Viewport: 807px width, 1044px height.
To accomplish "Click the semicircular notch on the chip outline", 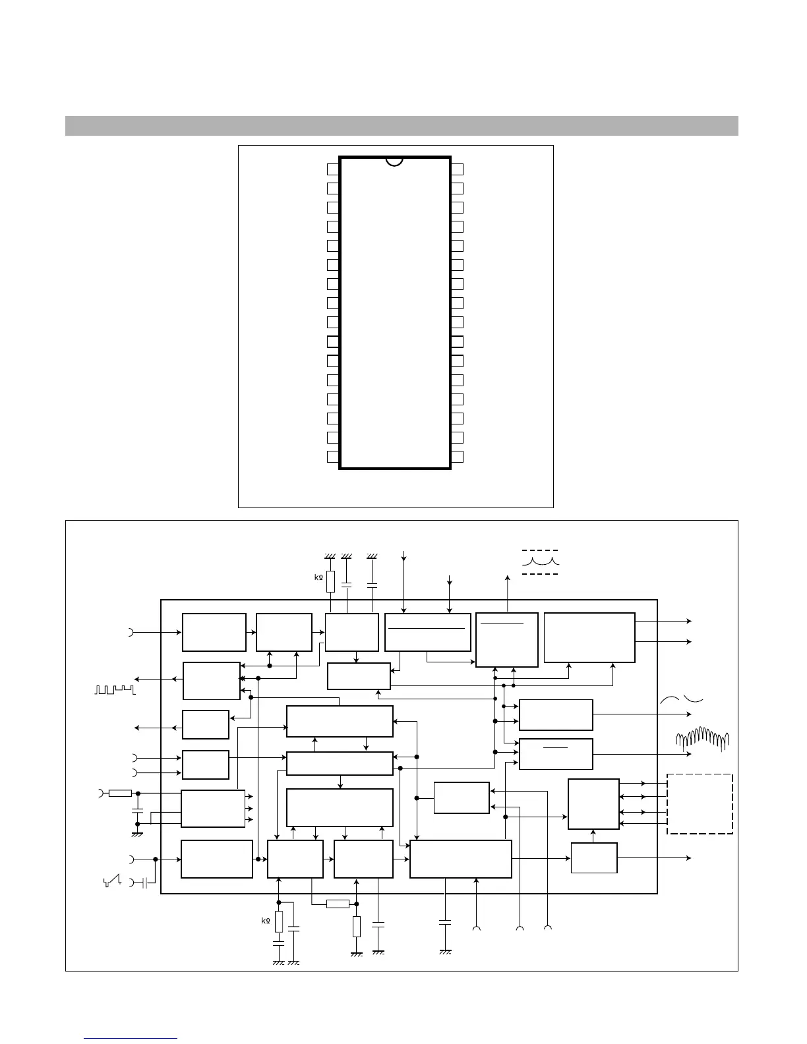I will [x=394, y=160].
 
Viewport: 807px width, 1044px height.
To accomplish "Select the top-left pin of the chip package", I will [x=333, y=169].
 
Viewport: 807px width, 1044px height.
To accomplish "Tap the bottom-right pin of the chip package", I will [x=457, y=457].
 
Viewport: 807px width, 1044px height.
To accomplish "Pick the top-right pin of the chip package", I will [x=457, y=169].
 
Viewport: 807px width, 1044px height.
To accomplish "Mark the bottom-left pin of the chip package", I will [x=333, y=457].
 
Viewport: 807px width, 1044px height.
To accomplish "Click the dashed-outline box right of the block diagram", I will [x=700, y=804].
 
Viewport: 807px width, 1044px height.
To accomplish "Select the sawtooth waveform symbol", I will [x=112, y=881].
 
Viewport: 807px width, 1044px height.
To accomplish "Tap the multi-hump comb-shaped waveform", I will [x=703, y=739].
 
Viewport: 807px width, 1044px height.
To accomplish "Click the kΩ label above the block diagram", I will [x=318, y=577].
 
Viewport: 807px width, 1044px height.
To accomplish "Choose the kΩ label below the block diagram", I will [x=266, y=921].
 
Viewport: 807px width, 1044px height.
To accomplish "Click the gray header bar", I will [x=402, y=126].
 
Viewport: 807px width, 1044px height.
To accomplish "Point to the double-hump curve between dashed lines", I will [x=541, y=562].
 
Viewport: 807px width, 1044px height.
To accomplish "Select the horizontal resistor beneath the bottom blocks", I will [x=338, y=904].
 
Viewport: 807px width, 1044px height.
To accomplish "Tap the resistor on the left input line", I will [x=120, y=793].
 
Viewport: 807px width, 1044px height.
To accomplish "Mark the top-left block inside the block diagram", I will [x=214, y=632].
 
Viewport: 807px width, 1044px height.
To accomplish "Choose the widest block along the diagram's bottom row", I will [x=460, y=859].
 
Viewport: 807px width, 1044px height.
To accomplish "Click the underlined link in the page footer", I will [x=131, y=1038].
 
